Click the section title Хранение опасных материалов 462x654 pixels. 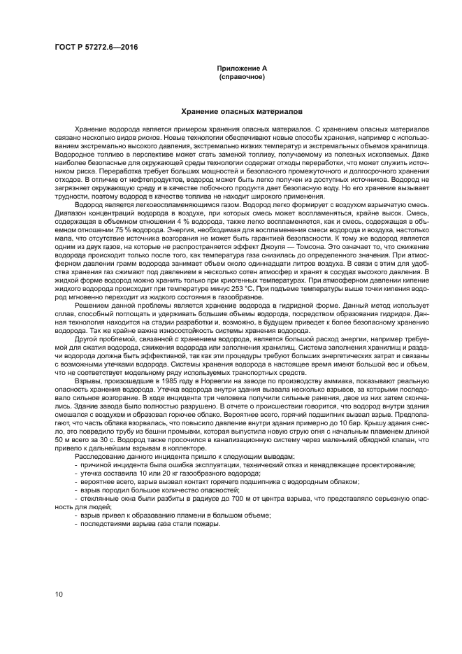coord(242,112)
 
